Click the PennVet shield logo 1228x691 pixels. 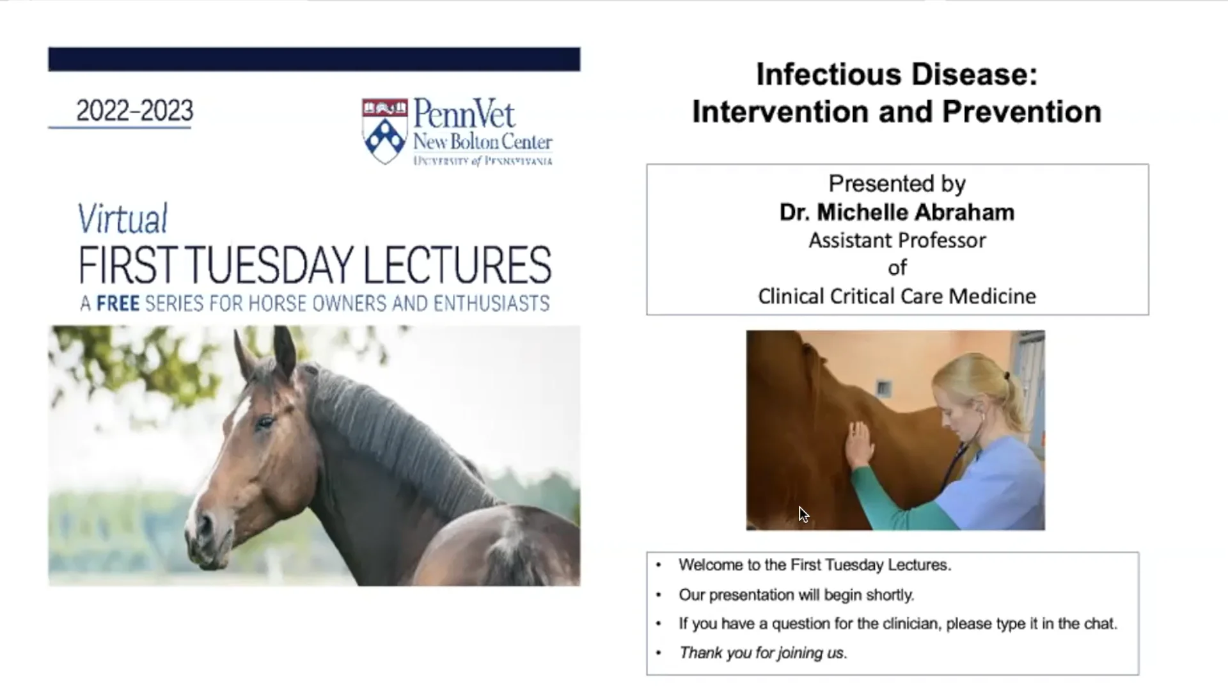[384, 131]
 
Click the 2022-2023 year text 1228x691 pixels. [134, 111]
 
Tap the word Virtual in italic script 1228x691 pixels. [123, 219]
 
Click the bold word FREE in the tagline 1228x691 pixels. [118, 303]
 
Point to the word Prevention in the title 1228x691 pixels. [1021, 112]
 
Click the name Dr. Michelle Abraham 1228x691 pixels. [897, 212]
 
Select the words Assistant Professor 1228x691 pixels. [897, 241]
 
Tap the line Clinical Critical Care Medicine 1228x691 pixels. [897, 296]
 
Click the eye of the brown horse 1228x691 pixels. [264, 422]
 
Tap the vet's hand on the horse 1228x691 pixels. [858, 445]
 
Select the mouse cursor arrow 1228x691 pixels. [803, 514]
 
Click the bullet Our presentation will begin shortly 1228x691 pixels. [796, 595]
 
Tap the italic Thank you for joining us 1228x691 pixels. [762, 653]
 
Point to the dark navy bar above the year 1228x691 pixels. [314, 59]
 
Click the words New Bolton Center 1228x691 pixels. [482, 141]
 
